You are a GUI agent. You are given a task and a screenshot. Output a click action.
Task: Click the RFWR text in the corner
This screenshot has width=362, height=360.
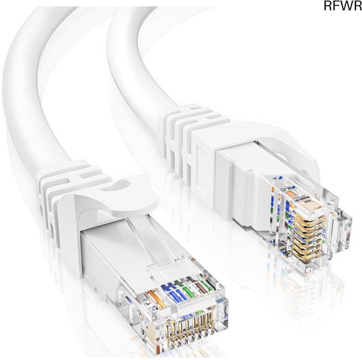(343, 6)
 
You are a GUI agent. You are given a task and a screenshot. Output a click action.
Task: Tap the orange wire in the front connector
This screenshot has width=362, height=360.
(156, 299)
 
